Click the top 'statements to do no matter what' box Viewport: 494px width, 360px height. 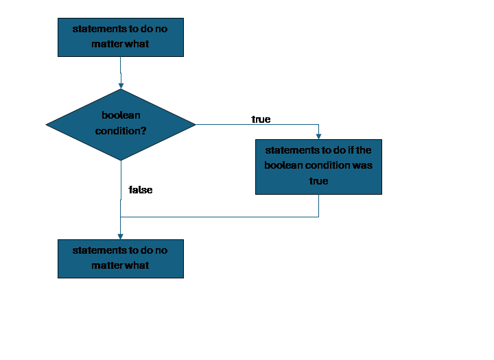[121, 37]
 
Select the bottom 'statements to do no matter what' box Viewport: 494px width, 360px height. [121, 259]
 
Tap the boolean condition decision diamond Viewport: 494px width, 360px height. [121, 124]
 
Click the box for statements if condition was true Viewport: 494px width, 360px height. [318, 167]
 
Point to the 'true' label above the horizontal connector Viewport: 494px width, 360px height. [261, 119]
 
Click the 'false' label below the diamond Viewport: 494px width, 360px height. [141, 190]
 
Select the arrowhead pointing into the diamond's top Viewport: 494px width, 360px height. [121, 85]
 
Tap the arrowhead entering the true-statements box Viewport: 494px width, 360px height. [318, 136]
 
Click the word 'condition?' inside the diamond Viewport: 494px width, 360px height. [121, 131]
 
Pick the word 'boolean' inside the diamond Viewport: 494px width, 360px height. [121, 116]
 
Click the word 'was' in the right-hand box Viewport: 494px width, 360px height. [364, 165]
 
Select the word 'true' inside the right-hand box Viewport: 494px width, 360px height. [318, 181]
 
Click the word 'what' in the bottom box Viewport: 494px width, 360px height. [137, 265]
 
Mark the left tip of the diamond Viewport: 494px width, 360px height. [47, 125]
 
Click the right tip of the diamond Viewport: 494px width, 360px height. [195, 125]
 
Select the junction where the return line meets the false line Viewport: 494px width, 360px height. [121, 217]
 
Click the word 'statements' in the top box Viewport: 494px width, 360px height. [96, 29]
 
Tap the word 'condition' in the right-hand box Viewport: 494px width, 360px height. [325, 165]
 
